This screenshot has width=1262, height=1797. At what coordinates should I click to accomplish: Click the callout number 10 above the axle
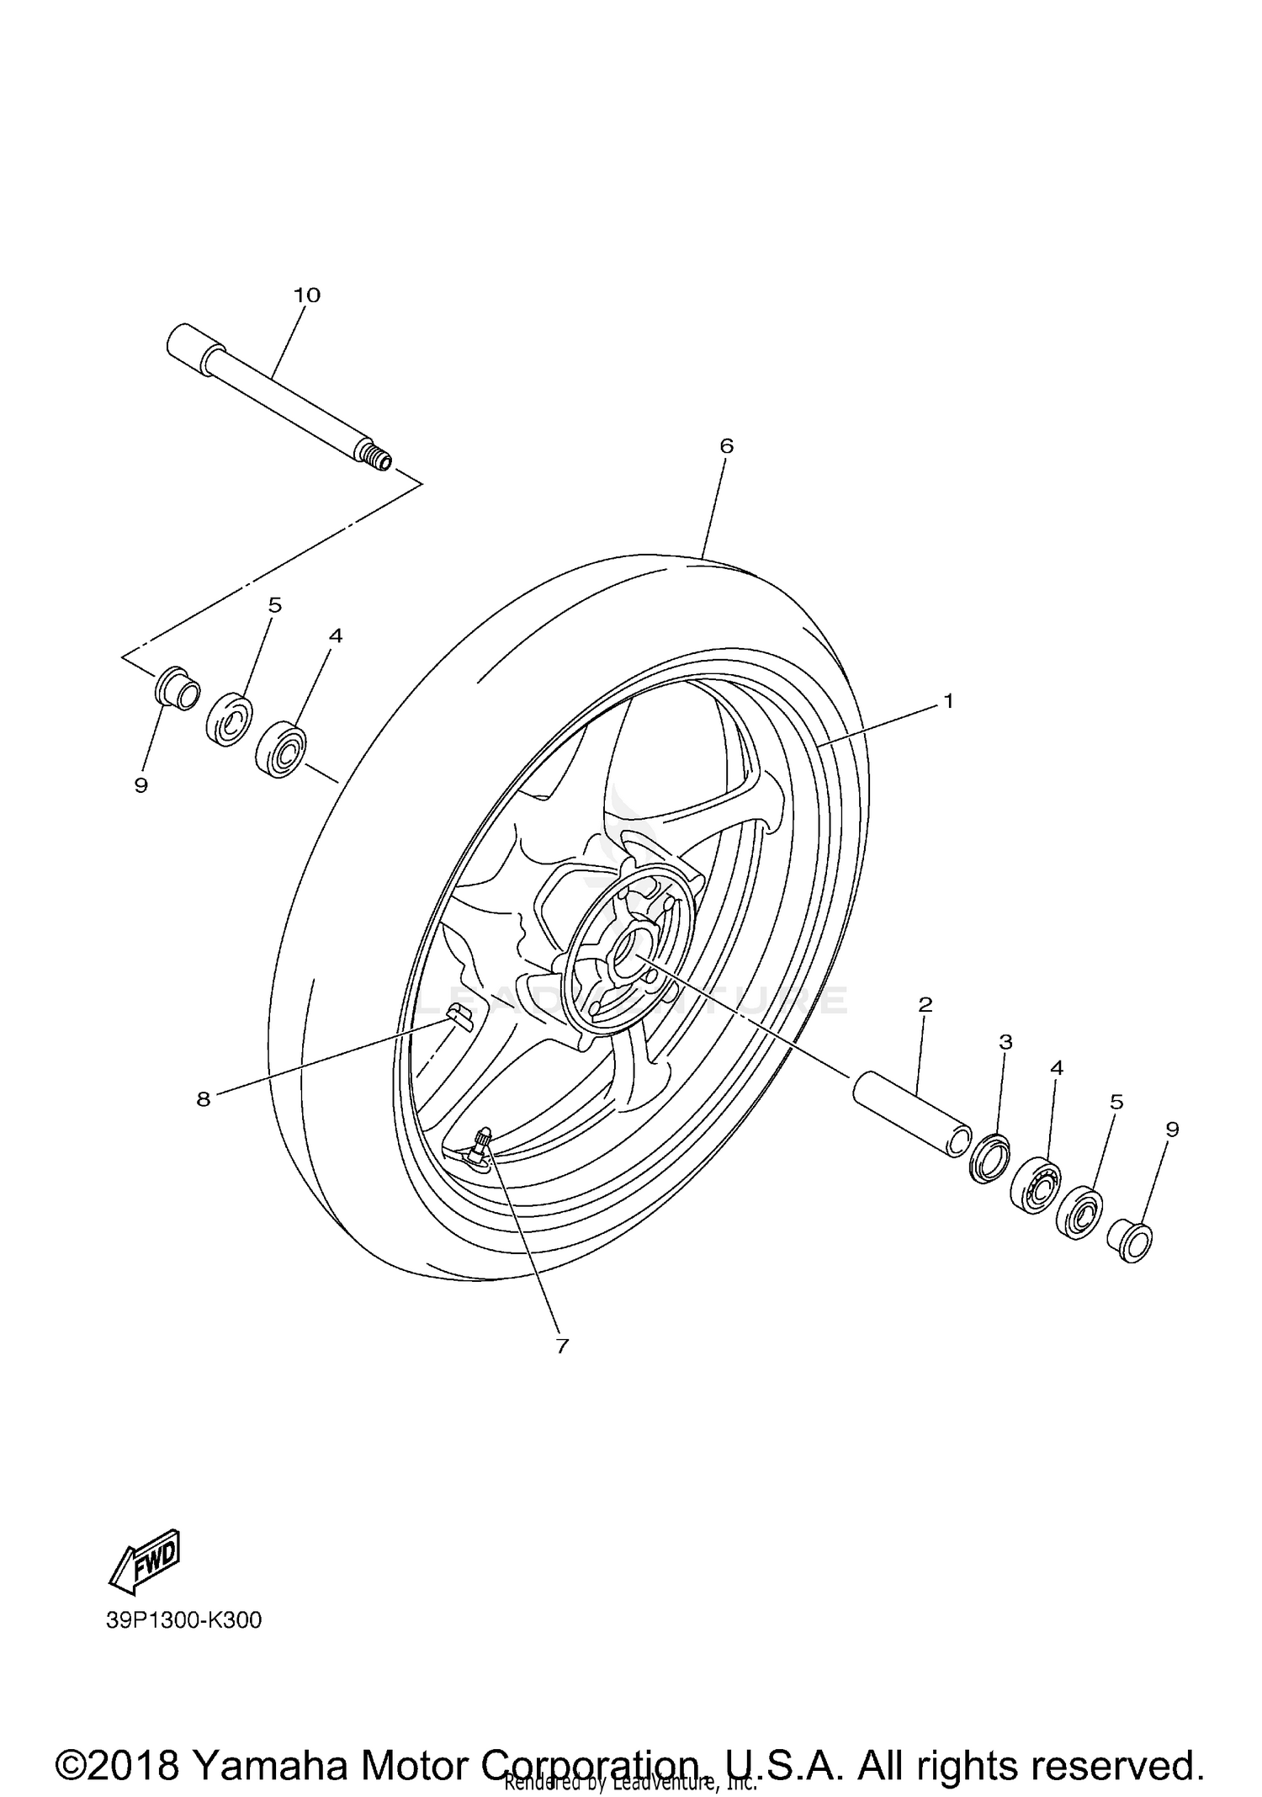(307, 295)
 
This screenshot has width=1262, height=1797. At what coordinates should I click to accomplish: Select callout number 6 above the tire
(727, 446)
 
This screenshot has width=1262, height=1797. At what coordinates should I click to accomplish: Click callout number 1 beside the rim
(949, 700)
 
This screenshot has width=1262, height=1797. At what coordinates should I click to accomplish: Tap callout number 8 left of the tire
(204, 1099)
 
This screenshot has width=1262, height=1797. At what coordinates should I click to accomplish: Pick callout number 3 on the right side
(1005, 1042)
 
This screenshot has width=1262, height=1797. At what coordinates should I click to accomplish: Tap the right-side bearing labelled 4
(1035, 1185)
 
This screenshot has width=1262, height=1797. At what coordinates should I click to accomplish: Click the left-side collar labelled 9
(178, 688)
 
